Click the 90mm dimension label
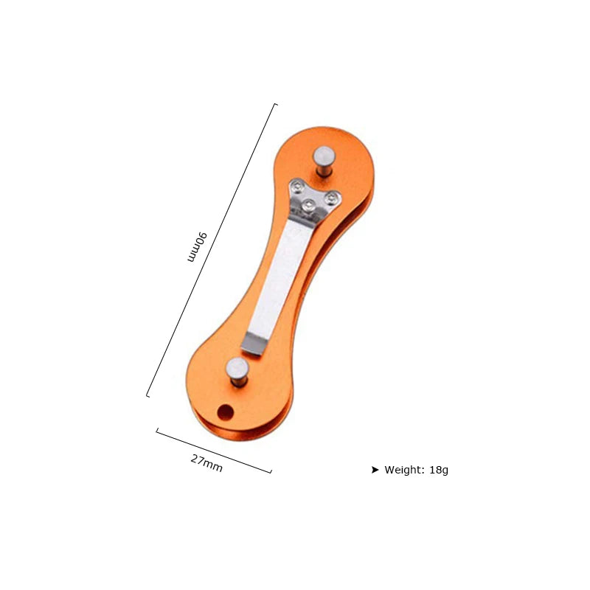tap(198, 247)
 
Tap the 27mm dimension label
tap(206, 463)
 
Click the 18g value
tap(439, 471)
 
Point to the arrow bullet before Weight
tap(375, 470)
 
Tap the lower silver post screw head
tap(237, 368)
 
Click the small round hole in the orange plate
tap(226, 412)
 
